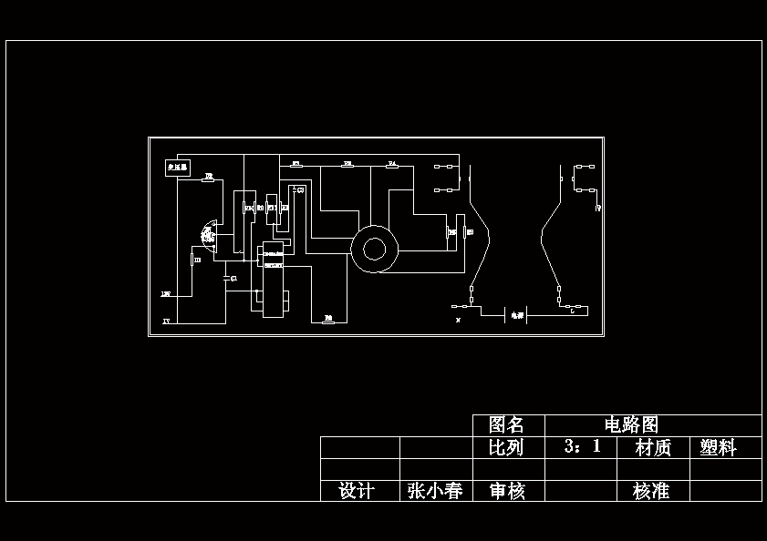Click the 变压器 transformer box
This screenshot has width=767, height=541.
pos(177,168)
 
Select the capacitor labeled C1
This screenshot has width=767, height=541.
pos(233,278)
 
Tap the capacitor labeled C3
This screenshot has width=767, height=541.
pos(300,189)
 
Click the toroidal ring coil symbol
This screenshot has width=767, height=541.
pos(374,249)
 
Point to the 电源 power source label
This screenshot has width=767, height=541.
pos(517,315)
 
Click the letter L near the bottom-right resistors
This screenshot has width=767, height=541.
pos(571,311)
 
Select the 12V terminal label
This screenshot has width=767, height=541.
pos(166,294)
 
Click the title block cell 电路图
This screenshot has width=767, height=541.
pos(631,425)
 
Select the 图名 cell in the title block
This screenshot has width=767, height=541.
pos(507,425)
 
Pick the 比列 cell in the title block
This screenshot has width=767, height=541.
pos(507,447)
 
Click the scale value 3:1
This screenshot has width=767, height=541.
pos(582,447)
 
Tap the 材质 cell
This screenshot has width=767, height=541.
pos(652,447)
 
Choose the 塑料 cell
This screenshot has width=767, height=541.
pos(718,447)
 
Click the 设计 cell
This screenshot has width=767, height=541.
pos(357,491)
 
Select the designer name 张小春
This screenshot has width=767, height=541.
pos(434,491)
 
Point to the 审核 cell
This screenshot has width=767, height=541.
pos(507,491)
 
